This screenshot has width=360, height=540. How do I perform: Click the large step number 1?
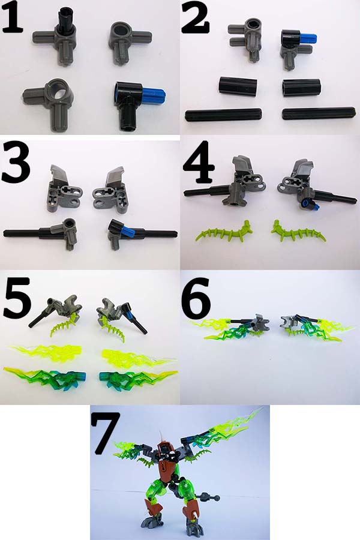click(x=12, y=17)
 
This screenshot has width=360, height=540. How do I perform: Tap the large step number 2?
click(x=195, y=17)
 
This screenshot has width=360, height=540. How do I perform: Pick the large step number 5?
click(x=17, y=298)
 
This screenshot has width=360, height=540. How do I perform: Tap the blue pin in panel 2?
click(x=309, y=38)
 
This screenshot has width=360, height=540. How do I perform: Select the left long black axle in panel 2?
click(x=224, y=115)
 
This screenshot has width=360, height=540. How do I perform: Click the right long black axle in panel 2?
click(x=319, y=113)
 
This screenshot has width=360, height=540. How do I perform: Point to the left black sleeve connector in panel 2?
click(x=238, y=86)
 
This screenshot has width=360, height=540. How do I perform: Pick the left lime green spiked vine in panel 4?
click(x=224, y=231)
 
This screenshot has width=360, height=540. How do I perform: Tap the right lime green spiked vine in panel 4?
click(x=298, y=232)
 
